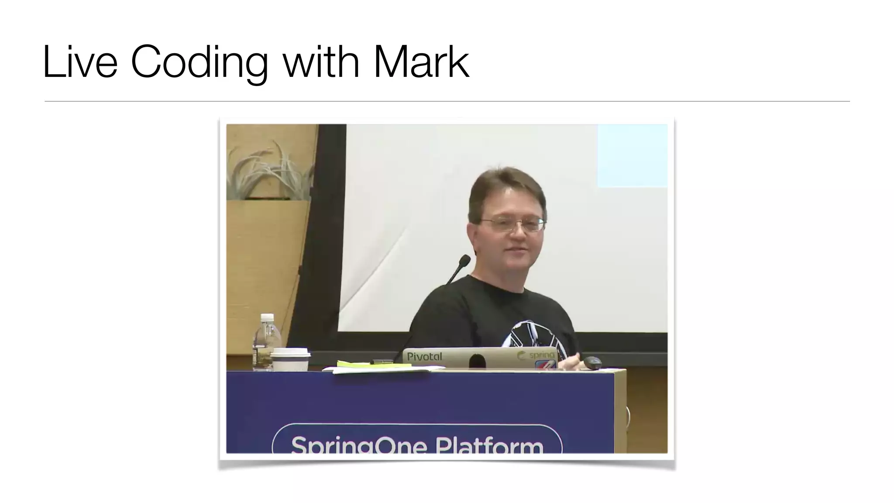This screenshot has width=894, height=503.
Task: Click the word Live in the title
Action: [80, 62]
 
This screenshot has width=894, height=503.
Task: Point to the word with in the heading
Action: [321, 62]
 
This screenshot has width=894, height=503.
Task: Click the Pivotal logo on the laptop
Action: [424, 357]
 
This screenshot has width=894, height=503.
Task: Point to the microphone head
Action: [464, 261]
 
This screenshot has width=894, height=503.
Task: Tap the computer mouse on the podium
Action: [592, 362]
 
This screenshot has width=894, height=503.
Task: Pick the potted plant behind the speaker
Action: [271, 172]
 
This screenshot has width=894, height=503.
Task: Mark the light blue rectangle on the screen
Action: [632, 155]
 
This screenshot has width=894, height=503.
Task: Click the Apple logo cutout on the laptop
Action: [477, 361]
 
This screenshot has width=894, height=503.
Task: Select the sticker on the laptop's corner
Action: [545, 364]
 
